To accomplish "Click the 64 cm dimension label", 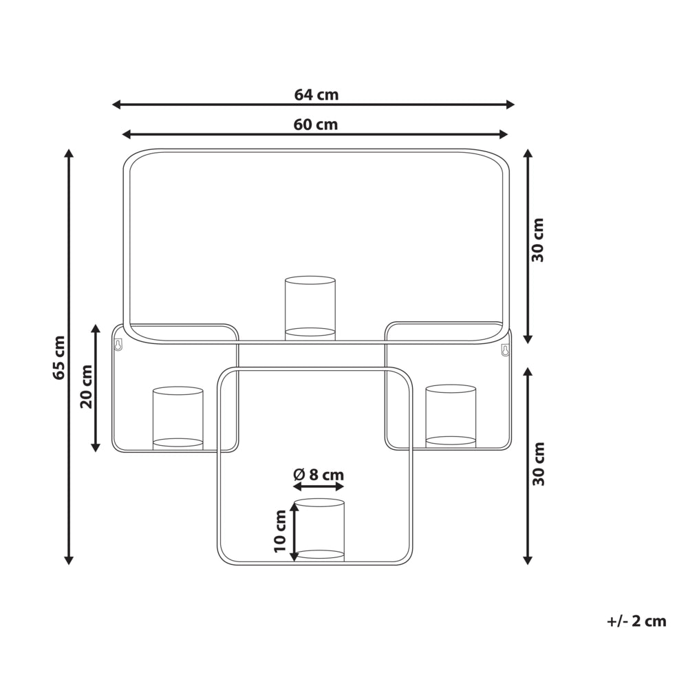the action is click(316, 95).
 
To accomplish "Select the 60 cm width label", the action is click(316, 125).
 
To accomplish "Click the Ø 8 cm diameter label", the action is click(319, 474).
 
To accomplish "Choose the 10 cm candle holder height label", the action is click(280, 531).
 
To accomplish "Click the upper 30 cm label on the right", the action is click(537, 240).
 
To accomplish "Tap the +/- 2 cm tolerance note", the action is click(636, 621).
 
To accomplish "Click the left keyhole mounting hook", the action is click(118, 344).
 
